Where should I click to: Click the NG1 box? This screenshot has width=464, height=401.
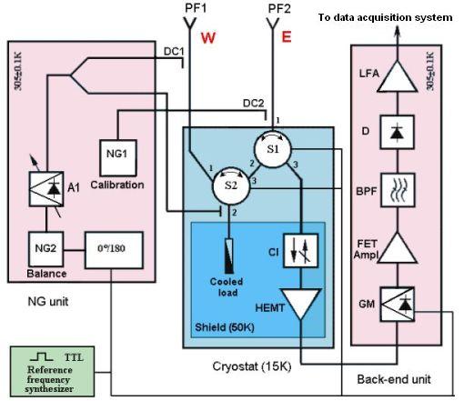click(x=118, y=158)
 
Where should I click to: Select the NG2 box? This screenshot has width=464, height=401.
click(x=46, y=249)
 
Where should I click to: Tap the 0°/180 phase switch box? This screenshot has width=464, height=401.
click(x=114, y=250)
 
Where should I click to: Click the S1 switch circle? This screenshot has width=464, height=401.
click(x=273, y=149)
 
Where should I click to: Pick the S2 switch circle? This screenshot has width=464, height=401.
click(x=231, y=185)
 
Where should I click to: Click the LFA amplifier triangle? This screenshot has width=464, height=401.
click(x=397, y=77)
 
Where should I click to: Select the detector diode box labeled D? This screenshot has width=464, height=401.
click(x=397, y=132)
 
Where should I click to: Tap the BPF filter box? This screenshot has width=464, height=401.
click(x=398, y=190)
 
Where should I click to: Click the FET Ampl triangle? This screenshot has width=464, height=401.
click(x=398, y=248)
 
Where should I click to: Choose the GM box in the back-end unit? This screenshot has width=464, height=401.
click(x=398, y=305)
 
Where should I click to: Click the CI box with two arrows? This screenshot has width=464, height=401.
click(x=300, y=250)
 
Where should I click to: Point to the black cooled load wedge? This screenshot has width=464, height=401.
click(x=229, y=256)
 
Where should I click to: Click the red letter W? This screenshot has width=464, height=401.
click(x=208, y=38)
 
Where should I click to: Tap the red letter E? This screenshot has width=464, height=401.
click(x=287, y=37)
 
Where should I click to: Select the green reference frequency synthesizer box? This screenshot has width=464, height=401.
click(x=52, y=371)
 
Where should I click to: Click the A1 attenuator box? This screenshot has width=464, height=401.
click(x=46, y=189)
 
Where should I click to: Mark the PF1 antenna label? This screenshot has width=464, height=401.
click(x=196, y=8)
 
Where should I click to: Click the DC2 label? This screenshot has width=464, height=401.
click(x=254, y=104)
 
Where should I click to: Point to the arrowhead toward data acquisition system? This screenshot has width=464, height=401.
click(x=398, y=32)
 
